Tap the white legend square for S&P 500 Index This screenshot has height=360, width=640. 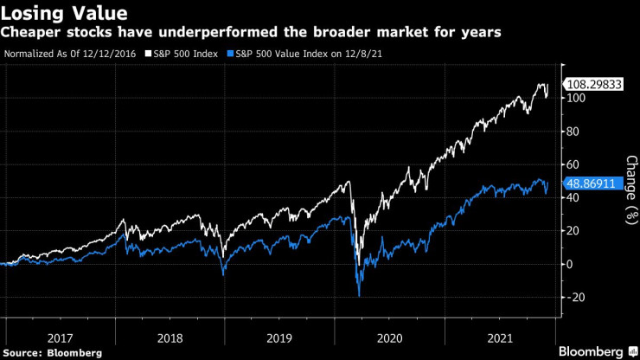[148, 54]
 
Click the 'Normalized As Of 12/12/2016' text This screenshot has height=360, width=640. [71, 54]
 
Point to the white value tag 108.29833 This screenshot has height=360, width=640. [592, 85]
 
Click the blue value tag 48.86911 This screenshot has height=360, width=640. [590, 183]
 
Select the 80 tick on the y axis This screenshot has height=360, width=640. [573, 132]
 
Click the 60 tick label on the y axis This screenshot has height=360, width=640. [573, 164]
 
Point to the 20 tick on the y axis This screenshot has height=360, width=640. [573, 231]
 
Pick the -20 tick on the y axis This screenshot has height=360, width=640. [573, 297]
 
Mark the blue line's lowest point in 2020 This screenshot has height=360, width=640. [358, 296]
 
